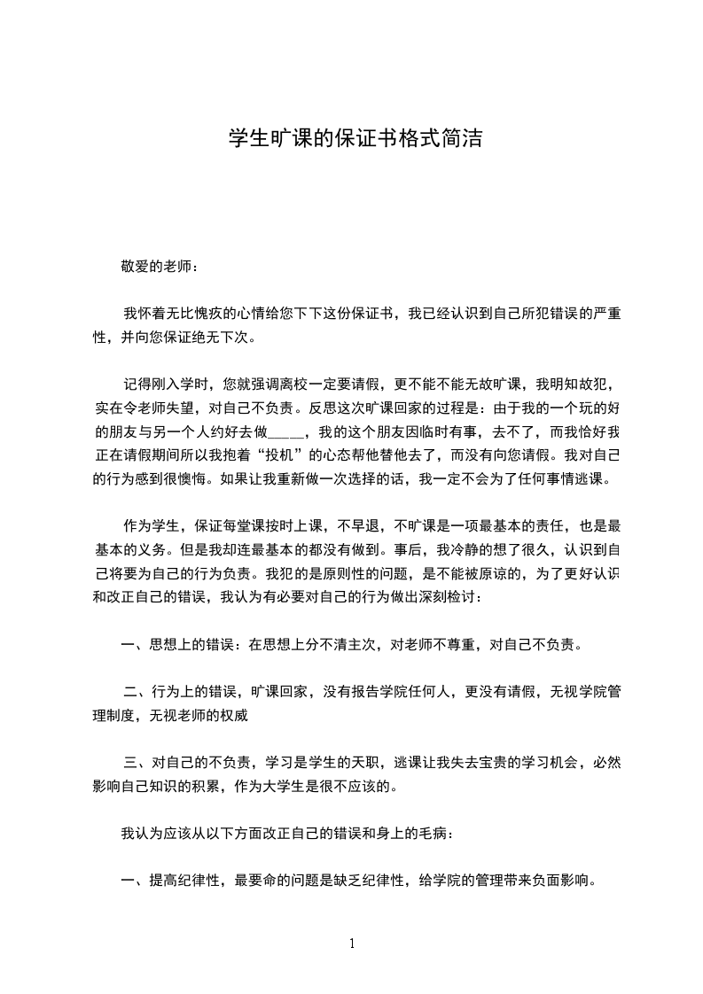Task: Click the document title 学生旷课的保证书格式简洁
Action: [x=355, y=139]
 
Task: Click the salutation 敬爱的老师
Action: [x=155, y=266]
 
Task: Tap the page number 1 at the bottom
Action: [x=352, y=944]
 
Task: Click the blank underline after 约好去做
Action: [x=285, y=433]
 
